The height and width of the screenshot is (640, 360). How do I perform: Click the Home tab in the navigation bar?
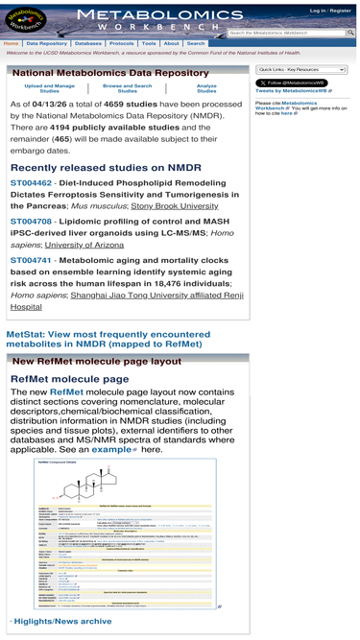[12, 43]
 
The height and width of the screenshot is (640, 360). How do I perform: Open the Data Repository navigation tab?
[47, 43]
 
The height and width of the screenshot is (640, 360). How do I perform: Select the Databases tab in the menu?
[88, 43]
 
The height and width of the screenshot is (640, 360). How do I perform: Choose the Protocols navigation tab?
[122, 43]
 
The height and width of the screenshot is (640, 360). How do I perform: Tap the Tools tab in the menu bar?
[149, 43]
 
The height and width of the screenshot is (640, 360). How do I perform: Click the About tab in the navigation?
[171, 43]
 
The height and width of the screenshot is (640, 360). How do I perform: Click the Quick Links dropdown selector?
[301, 70]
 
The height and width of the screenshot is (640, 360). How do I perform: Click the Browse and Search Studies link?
[128, 88]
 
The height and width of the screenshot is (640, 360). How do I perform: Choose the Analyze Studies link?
[206, 88]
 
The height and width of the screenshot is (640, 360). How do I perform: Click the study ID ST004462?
[31, 181]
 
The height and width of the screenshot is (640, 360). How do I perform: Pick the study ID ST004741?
[31, 259]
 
